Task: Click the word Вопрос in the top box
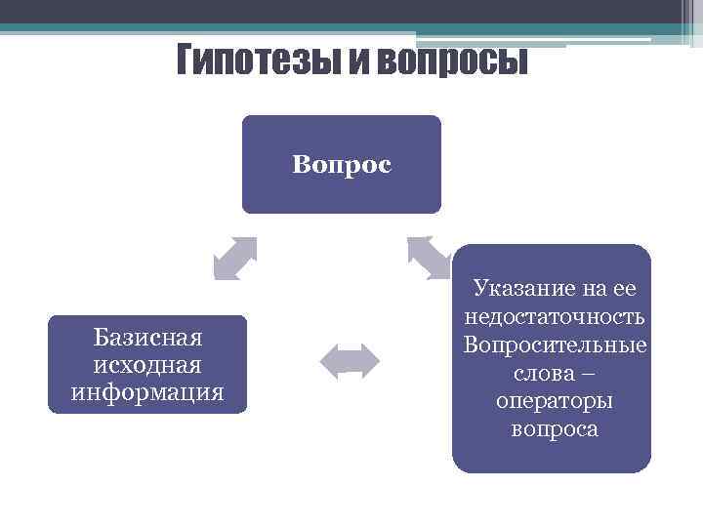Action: tap(341, 164)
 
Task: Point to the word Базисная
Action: tap(147, 338)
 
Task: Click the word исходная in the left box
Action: tap(147, 365)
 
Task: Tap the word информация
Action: tap(147, 392)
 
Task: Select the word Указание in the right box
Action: tap(519, 288)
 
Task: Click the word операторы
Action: tap(555, 401)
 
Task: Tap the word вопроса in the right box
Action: tap(555, 429)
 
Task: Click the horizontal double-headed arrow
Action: tap(351, 359)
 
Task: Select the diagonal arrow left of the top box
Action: tap(235, 259)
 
